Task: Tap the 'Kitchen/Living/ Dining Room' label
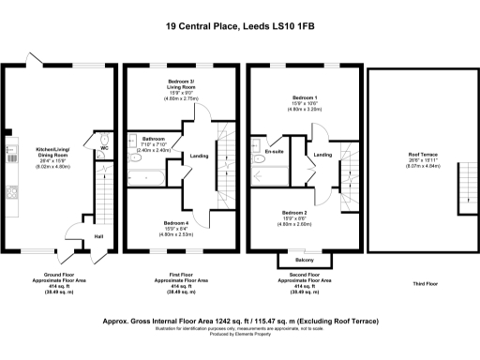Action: click(x=52, y=156)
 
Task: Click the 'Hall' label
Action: click(x=98, y=235)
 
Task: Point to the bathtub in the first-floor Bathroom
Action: click(x=149, y=174)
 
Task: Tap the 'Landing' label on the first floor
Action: click(x=199, y=156)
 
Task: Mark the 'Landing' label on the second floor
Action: click(x=322, y=155)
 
